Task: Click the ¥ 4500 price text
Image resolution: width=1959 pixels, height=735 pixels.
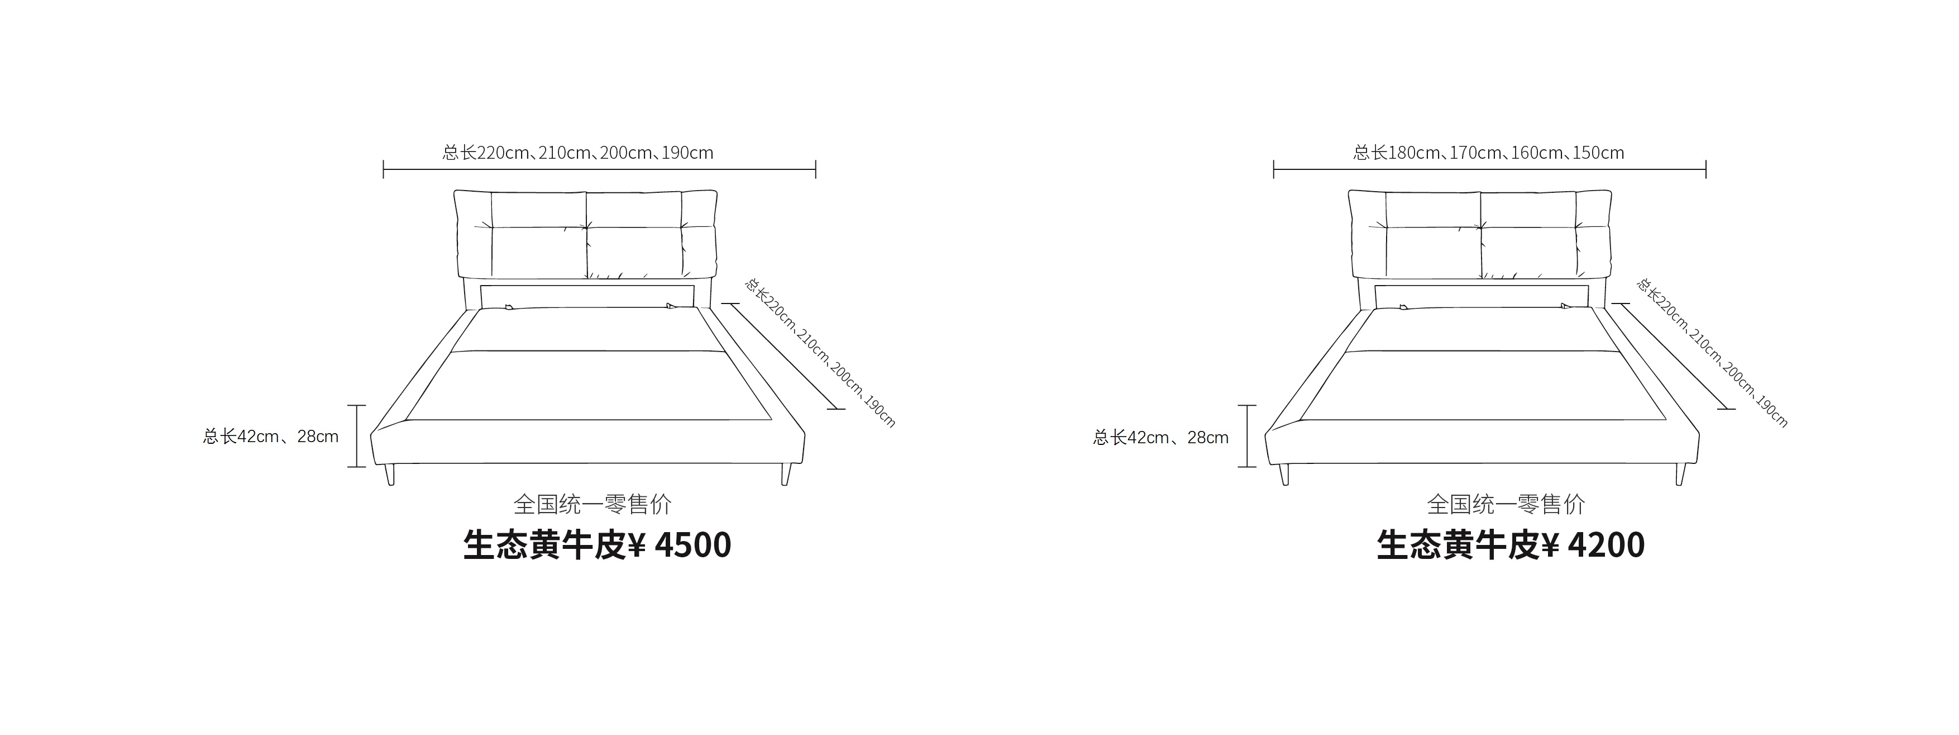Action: tap(681, 545)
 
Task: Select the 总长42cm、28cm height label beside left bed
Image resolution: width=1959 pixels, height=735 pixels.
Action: tap(271, 437)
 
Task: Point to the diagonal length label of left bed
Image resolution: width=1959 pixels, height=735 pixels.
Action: tap(820, 352)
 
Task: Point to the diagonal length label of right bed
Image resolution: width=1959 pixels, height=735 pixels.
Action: tap(1712, 352)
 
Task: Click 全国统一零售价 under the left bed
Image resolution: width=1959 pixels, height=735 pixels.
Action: tap(593, 504)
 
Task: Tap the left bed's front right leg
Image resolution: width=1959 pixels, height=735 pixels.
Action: tap(786, 474)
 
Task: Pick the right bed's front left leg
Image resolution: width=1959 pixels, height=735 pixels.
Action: tap(1284, 474)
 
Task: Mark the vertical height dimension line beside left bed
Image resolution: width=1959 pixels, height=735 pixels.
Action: tap(357, 436)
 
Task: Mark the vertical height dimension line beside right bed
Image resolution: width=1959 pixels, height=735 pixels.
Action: tap(1247, 436)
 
